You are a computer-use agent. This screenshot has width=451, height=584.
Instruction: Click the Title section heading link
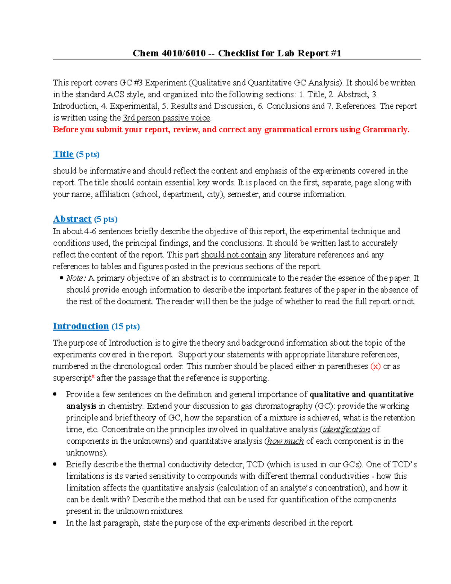click(x=63, y=154)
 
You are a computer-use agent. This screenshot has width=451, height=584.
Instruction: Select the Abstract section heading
click(x=72, y=219)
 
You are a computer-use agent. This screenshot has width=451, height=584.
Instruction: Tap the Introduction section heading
click(x=81, y=326)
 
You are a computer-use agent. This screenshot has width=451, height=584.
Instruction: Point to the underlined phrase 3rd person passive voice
click(x=166, y=118)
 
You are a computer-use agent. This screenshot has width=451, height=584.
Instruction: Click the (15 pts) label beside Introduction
click(x=126, y=326)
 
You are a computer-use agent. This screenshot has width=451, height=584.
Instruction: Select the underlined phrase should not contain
click(x=234, y=255)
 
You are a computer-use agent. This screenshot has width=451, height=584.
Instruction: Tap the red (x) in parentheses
click(x=375, y=366)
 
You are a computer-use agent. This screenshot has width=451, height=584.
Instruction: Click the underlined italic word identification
click(x=346, y=429)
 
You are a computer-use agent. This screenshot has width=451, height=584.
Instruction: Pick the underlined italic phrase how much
click(x=285, y=441)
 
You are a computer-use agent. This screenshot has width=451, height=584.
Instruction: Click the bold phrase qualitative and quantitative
click(x=361, y=394)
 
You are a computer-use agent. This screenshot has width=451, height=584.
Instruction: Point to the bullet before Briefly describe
click(x=55, y=464)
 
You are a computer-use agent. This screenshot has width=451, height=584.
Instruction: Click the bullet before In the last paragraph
click(x=55, y=523)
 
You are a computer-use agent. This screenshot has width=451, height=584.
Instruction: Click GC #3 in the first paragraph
click(x=131, y=83)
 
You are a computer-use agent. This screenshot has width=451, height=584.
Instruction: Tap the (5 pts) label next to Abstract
click(x=106, y=219)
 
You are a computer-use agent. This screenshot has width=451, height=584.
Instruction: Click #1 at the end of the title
click(x=336, y=53)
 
